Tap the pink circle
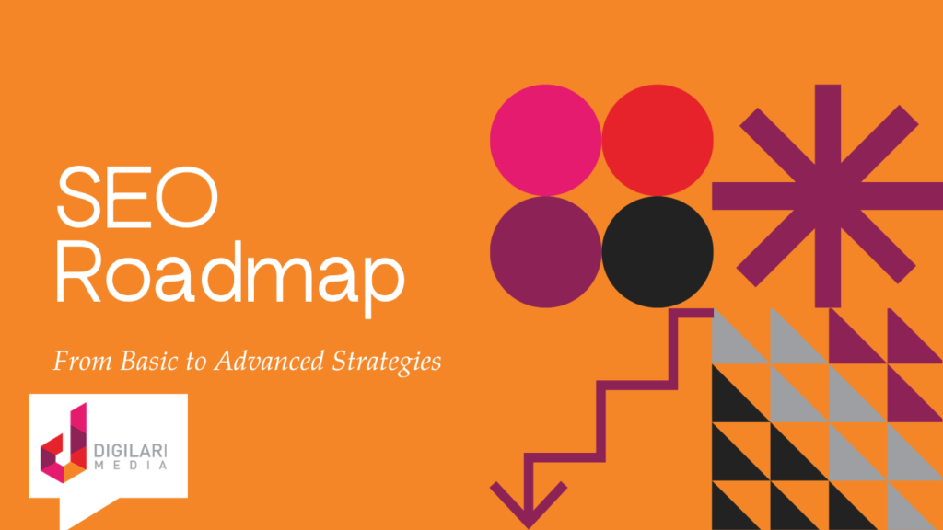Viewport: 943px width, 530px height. click(x=545, y=140)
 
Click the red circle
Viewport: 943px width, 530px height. click(x=657, y=140)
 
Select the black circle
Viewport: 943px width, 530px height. click(x=657, y=251)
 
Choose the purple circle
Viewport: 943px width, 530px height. click(x=545, y=251)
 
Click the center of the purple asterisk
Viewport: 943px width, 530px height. click(x=827, y=195)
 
